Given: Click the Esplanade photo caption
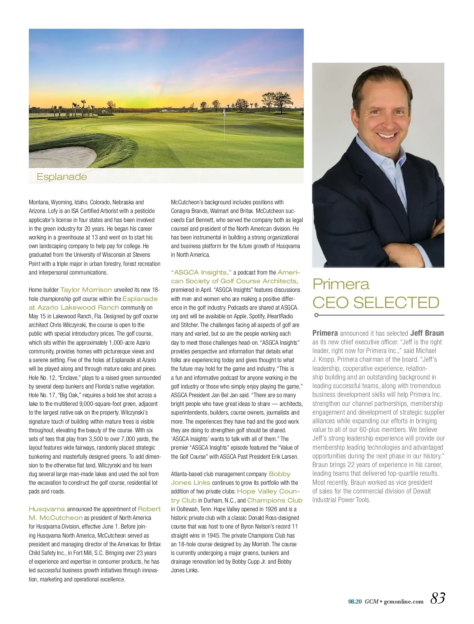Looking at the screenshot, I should [62, 177].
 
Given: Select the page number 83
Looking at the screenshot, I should [438, 598].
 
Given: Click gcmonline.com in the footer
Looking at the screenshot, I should [403, 602].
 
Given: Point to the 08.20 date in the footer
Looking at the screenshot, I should [355, 602].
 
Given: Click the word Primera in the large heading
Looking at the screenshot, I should [340, 284].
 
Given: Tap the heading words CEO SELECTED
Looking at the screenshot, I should [376, 303].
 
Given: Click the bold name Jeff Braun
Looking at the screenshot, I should [427, 333].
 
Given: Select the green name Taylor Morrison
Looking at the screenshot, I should [86, 290].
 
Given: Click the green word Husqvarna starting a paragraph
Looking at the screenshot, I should [47, 509].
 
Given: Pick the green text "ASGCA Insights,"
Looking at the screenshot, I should [201, 273].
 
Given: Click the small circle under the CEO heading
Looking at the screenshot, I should [316, 315].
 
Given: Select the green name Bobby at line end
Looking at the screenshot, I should [279, 474].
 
